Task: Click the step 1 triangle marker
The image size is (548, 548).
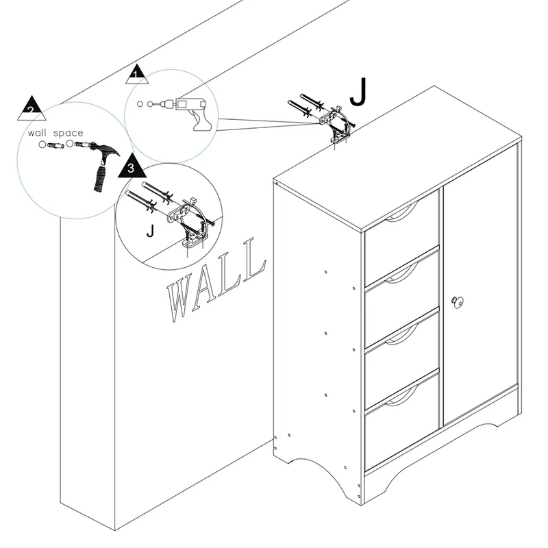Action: tap(137, 75)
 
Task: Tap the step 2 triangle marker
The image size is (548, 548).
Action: tap(32, 109)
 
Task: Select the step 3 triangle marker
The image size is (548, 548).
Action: tap(132, 166)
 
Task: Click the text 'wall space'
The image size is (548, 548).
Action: tap(55, 133)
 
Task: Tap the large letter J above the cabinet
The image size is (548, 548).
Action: tap(358, 91)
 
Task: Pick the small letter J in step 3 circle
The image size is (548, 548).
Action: tap(150, 231)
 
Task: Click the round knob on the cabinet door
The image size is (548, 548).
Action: tap(457, 301)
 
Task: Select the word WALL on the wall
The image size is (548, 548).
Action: tap(216, 279)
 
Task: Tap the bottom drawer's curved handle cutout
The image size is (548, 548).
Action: tap(402, 396)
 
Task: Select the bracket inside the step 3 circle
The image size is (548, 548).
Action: tap(190, 222)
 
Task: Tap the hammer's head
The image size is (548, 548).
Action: tap(105, 149)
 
